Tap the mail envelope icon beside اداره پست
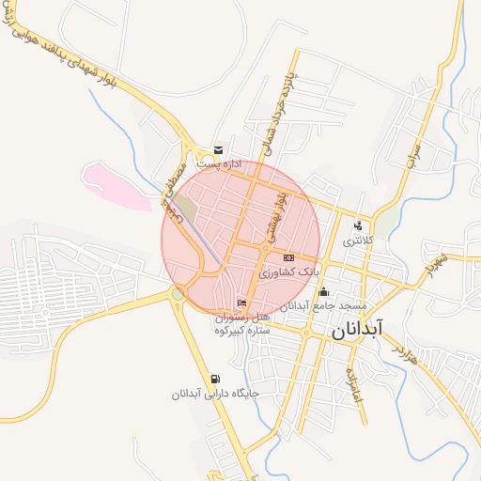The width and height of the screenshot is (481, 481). pyautogui.click(x=219, y=149)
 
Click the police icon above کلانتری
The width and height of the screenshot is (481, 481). pyautogui.click(x=358, y=226)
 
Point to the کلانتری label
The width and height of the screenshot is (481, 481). pyautogui.click(x=357, y=241)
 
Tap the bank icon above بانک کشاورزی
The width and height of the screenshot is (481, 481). pyautogui.click(x=288, y=257)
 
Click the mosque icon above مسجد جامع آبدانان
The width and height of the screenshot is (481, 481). pyautogui.click(x=324, y=291)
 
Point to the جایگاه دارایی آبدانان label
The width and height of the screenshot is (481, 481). pyautogui.click(x=214, y=394)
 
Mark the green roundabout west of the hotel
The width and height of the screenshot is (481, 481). pyautogui.click(x=178, y=295)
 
